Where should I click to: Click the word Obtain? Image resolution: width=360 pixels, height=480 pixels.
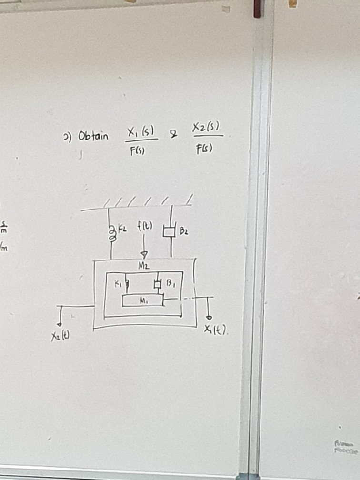[93, 137]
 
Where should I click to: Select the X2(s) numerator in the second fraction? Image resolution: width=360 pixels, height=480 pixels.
[206, 128]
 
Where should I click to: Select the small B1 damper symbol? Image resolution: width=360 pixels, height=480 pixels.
[157, 285]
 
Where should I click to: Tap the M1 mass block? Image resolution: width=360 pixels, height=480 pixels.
[143, 300]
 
